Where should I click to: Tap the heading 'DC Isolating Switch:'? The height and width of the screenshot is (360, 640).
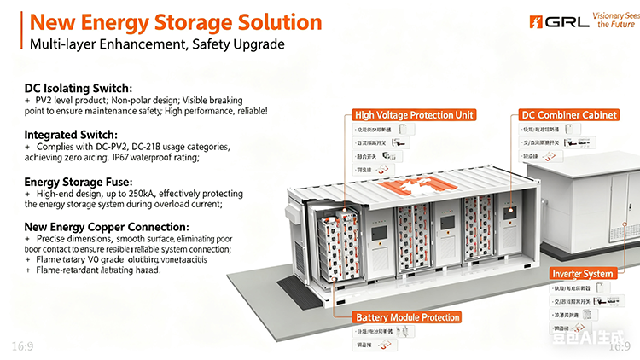(x=78, y=88)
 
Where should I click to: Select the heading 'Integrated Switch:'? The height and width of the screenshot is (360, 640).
(x=71, y=135)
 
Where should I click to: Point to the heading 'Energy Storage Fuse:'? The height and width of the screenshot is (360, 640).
(x=78, y=182)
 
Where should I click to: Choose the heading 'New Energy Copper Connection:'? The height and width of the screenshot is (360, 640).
(x=107, y=227)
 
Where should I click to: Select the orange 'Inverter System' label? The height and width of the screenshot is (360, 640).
(x=582, y=273)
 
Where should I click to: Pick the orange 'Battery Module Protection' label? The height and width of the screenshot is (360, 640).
(x=408, y=317)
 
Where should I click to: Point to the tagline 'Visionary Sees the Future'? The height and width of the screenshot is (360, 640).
(x=616, y=20)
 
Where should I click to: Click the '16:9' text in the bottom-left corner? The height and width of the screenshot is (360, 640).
(x=23, y=345)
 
